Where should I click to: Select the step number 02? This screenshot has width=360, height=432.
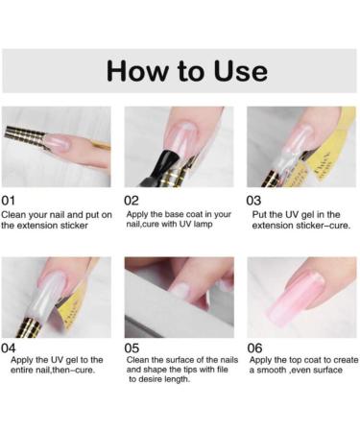click(x=132, y=200)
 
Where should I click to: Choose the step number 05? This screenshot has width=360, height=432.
click(x=132, y=348)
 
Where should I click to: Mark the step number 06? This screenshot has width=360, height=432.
click(x=256, y=348)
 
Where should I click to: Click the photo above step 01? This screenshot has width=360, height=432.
click(x=56, y=146)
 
